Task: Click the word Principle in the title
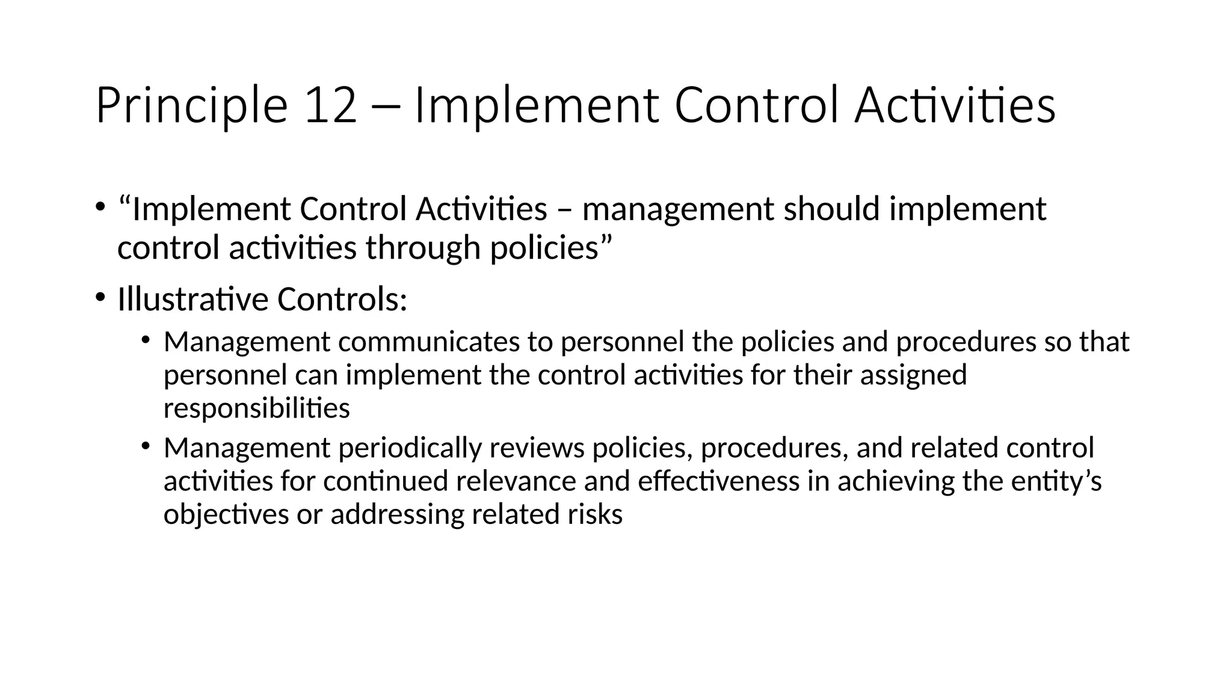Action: click(191, 106)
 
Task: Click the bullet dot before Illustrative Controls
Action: click(100, 297)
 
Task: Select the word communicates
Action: click(429, 342)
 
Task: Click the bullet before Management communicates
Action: click(146, 340)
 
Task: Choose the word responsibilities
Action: click(256, 408)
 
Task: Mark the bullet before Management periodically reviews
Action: click(146, 446)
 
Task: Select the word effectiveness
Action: click(718, 481)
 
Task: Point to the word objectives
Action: click(226, 515)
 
